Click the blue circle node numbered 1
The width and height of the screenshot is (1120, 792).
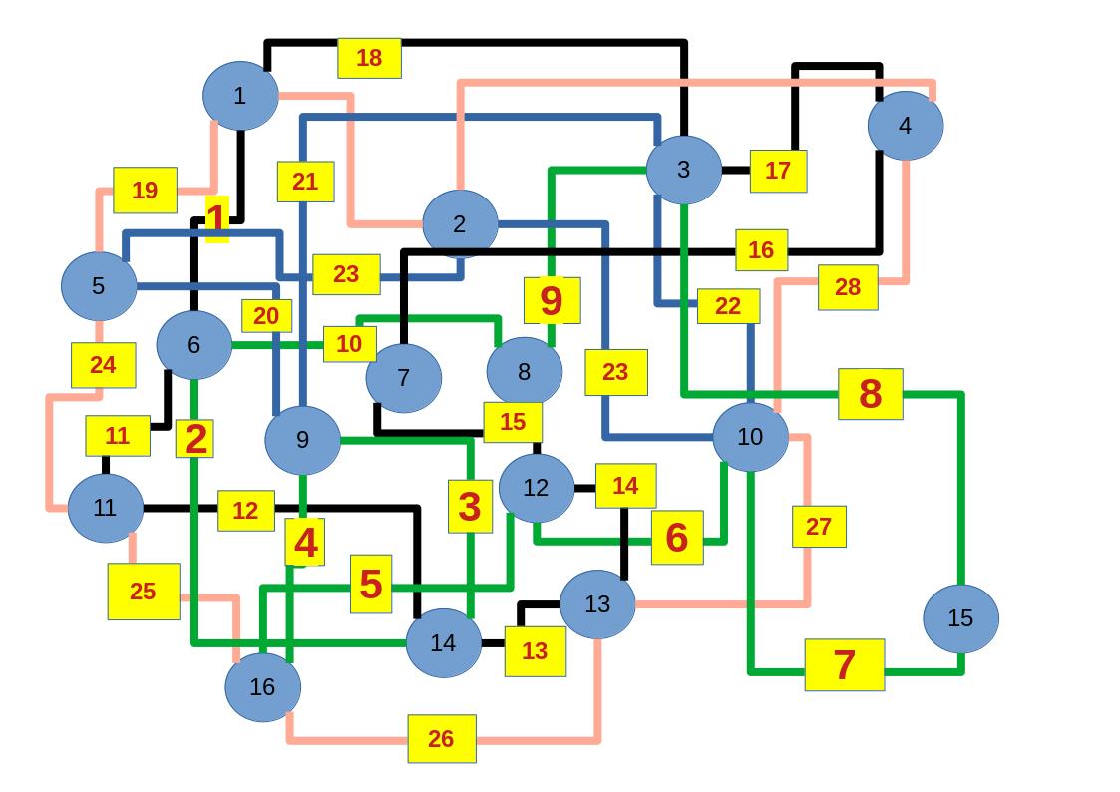(x=239, y=96)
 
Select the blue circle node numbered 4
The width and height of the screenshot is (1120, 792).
(x=905, y=126)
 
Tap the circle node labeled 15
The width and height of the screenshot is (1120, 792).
(x=960, y=618)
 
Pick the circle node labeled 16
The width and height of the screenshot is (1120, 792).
(x=262, y=686)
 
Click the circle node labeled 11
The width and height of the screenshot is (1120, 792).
(x=106, y=508)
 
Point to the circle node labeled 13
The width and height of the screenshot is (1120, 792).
(x=597, y=604)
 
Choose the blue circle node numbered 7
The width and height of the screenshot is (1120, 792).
(x=403, y=378)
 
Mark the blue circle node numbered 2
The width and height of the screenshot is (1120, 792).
(x=460, y=224)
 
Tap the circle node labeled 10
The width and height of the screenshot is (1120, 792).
(x=750, y=437)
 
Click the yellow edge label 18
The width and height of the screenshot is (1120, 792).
(x=369, y=58)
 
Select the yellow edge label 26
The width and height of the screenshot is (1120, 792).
(x=441, y=739)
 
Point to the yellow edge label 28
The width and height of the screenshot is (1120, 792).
(x=848, y=287)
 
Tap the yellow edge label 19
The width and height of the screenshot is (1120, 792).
(x=145, y=191)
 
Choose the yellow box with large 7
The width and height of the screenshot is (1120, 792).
(x=844, y=665)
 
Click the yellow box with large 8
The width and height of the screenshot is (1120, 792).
(x=870, y=394)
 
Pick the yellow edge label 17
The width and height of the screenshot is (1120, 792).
(x=778, y=171)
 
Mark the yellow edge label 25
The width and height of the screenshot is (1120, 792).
(x=144, y=592)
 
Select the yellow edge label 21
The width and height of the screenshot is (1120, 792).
(x=305, y=182)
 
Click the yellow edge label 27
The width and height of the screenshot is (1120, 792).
(x=819, y=527)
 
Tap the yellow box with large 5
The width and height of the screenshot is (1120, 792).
(x=370, y=585)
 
